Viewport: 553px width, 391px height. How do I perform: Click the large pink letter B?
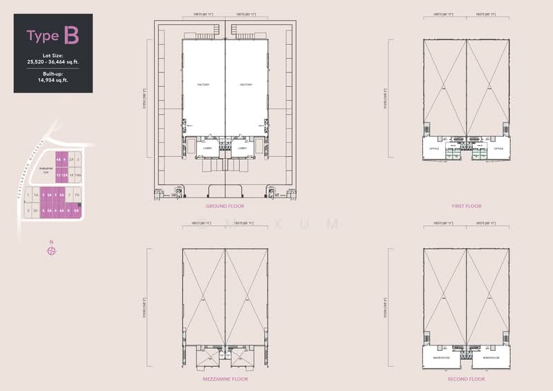click(71, 35)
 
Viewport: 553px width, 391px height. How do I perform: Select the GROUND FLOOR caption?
click(225, 206)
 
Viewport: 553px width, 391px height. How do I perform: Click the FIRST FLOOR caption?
click(467, 206)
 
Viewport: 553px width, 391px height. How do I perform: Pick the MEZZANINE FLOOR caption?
click(225, 379)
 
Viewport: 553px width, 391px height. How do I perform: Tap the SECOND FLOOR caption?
click(467, 379)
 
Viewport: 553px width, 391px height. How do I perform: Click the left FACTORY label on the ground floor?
click(203, 85)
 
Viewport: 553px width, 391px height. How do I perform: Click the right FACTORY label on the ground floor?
click(246, 85)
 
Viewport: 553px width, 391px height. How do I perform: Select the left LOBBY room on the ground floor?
click(207, 148)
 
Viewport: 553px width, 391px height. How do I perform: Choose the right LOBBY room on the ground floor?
click(243, 148)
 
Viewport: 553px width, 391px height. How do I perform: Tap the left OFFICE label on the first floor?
click(434, 149)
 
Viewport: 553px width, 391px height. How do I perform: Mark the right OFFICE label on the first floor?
click(498, 149)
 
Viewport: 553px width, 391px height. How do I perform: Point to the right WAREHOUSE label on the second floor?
click(492, 359)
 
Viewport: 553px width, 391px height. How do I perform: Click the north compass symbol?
click(51, 250)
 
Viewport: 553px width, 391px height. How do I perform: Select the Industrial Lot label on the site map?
click(46, 170)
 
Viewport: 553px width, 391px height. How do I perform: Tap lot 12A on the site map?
click(65, 176)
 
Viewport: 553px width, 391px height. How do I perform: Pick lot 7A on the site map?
click(77, 196)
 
